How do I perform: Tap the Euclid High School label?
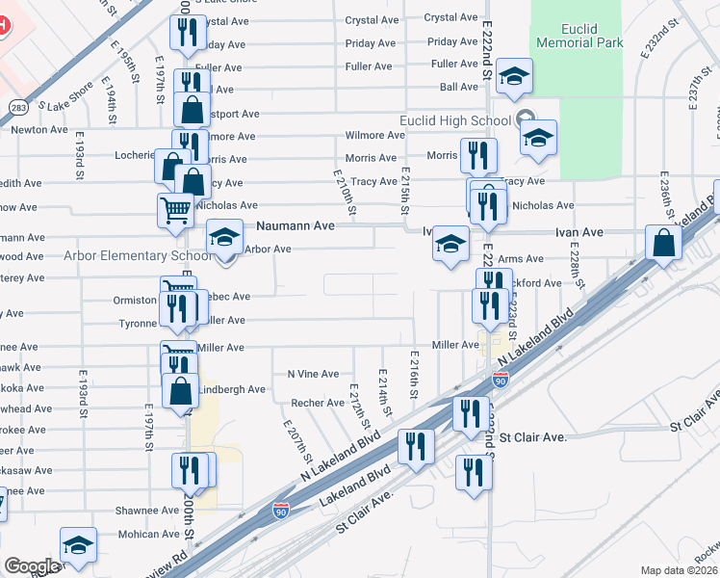pos(455,120)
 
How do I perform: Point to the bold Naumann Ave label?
pos(295,226)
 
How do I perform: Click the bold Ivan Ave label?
pos(577,232)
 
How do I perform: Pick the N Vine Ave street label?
pos(313,374)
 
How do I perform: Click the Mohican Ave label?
pos(143,534)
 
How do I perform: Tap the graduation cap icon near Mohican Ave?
pos(78,544)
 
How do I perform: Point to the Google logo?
pos(32,566)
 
